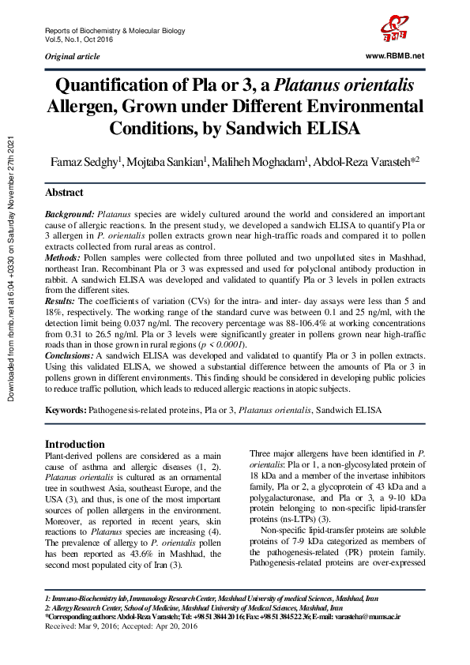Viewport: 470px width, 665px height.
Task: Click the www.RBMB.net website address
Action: pyautogui.click(x=395, y=56)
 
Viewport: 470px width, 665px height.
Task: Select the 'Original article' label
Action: pyautogui.click(x=73, y=57)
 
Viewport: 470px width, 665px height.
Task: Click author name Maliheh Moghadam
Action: pyautogui.click(x=262, y=162)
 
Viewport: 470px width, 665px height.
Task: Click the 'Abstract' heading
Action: pyautogui.click(x=64, y=193)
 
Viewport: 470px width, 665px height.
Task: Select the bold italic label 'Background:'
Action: pyautogui.click(x=70, y=214)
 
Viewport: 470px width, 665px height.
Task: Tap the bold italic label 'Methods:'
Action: pyautogui.click(x=62, y=258)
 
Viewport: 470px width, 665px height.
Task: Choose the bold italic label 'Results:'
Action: pyautogui.click(x=61, y=302)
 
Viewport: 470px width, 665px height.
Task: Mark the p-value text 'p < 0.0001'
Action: pyautogui.click(x=243, y=345)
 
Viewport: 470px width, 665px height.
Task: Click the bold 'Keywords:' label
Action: pyautogui.click(x=66, y=411)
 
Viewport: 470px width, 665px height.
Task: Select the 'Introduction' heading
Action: pyautogui.click(x=74, y=444)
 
